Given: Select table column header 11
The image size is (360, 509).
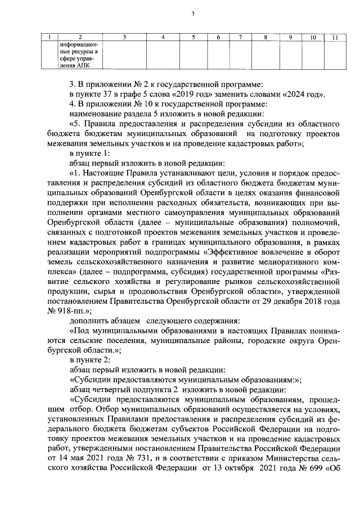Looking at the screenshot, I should coord(334,38).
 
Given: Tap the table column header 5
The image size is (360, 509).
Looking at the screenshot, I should coord(193,38).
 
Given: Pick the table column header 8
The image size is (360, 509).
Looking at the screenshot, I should coord(265,38).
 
